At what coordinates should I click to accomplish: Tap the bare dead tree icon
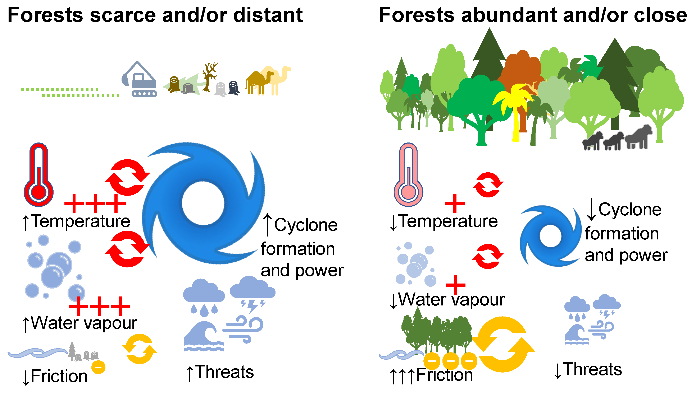coord(209,77)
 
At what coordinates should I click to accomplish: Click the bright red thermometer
coord(39,176)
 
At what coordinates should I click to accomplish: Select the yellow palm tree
coord(515,108)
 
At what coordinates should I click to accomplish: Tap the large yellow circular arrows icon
coord(503,344)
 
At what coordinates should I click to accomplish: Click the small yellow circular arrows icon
coord(139,349)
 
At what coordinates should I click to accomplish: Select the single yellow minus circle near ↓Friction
coord(98,367)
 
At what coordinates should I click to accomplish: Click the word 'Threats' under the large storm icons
coord(224,372)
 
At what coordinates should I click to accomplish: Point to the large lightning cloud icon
coord(252,294)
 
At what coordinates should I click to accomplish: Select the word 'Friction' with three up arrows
coord(445,375)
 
